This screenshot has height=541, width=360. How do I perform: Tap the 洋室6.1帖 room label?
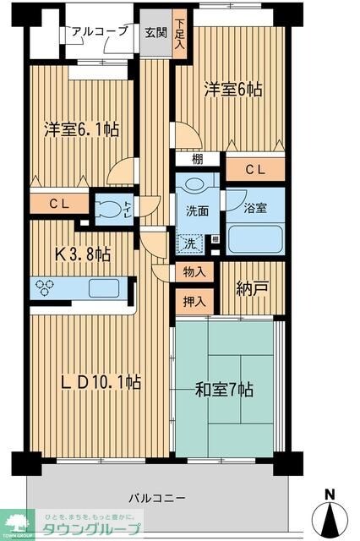pyautogui.click(x=81, y=130)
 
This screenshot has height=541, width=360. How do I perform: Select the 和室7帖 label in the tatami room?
pyautogui.click(x=224, y=390)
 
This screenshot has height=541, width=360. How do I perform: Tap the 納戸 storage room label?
pyautogui.click(x=253, y=288)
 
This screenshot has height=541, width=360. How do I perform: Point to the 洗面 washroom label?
pyautogui.click(x=197, y=212)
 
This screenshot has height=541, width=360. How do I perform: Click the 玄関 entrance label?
pyautogui.click(x=155, y=32)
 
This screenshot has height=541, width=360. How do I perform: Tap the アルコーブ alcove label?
pyautogui.click(x=100, y=31)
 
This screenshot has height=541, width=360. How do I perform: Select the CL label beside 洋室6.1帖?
pyautogui.click(x=58, y=203)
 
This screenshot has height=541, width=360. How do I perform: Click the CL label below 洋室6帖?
pyautogui.click(x=255, y=170)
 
